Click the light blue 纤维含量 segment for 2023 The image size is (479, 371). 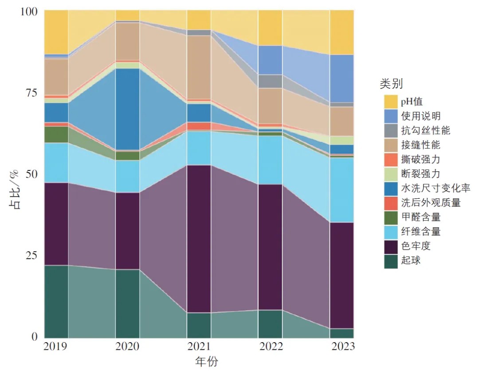(x=342, y=190)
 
